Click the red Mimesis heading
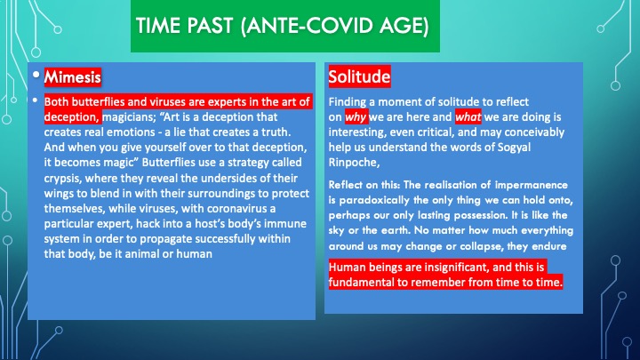[x=73, y=77]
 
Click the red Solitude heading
[x=359, y=76]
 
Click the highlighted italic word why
[x=356, y=117]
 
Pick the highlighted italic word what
[x=468, y=117]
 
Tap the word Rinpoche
[x=353, y=163]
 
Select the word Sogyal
[x=514, y=148]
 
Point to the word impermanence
[x=531, y=185]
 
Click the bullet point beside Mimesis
[x=36, y=75]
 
